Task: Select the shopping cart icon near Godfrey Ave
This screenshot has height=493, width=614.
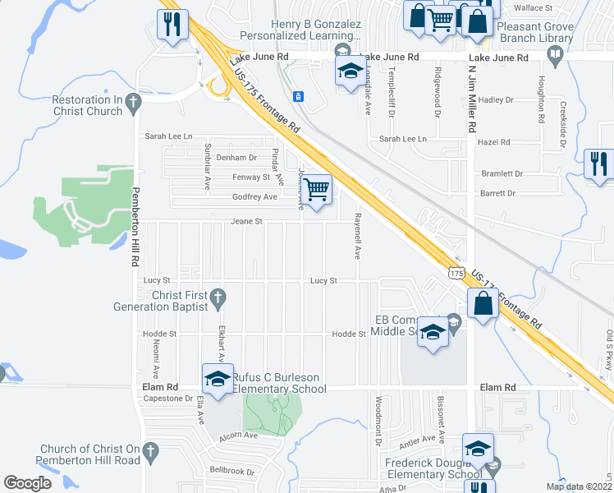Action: click(x=317, y=190)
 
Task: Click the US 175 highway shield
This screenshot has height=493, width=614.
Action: click(x=457, y=272)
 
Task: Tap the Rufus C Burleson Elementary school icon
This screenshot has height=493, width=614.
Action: click(x=218, y=378)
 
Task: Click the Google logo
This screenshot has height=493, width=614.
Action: click(x=28, y=483)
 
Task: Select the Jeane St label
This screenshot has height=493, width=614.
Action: click(x=246, y=221)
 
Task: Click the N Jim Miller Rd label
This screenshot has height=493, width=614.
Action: click(x=472, y=100)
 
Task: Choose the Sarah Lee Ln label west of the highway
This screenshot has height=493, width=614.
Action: click(x=168, y=136)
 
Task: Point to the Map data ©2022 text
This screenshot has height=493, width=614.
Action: click(x=579, y=486)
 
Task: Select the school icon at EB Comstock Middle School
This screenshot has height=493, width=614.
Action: click(x=433, y=332)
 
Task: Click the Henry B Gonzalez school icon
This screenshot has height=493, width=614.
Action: click(x=351, y=71)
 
